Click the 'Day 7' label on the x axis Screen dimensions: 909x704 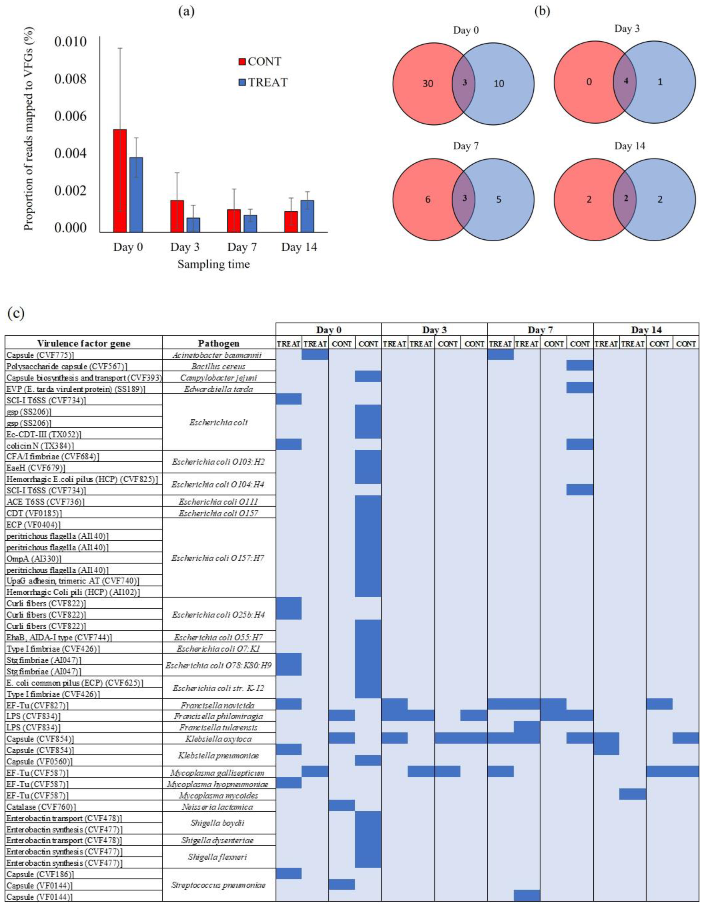point(242,247)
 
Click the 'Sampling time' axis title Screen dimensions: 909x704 point(214,264)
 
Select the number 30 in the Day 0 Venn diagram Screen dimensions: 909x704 point(428,84)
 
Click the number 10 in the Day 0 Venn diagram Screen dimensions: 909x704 point(499,84)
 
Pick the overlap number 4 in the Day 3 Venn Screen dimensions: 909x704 point(626,82)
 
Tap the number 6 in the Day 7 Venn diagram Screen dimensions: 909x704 point(428,200)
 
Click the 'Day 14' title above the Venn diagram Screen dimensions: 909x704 point(629,146)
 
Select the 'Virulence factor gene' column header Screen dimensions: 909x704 point(84,343)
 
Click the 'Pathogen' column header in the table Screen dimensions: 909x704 point(219,343)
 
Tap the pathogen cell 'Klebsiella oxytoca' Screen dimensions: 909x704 point(219,739)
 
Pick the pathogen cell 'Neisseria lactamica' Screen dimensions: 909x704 point(219,807)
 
